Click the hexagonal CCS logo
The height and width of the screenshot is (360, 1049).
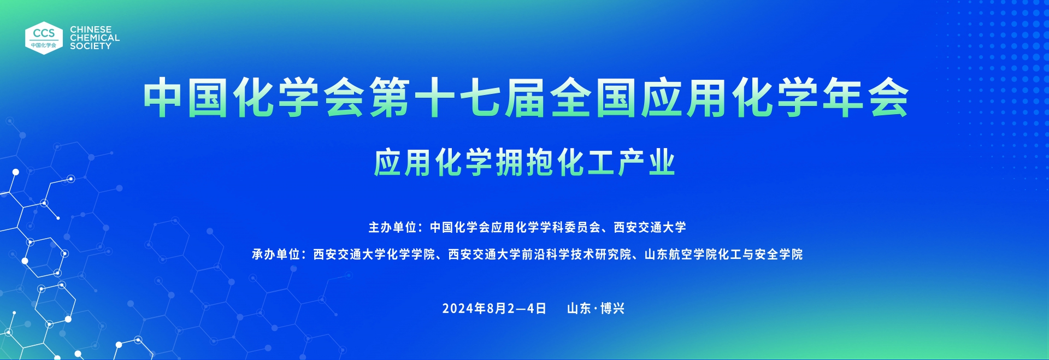coord(44,38)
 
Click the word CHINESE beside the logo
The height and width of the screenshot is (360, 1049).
coord(91,29)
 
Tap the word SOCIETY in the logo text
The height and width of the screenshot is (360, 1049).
coord(91,46)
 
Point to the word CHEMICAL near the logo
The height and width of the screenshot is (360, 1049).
coord(95,38)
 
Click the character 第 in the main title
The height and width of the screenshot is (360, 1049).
coord(390,97)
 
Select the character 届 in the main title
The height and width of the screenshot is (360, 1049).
coord(525,97)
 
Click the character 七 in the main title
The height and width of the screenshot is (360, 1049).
coord(480,97)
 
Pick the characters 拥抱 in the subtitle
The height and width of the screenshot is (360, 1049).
coord(524,163)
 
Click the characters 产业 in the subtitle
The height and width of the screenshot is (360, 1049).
coord(646,163)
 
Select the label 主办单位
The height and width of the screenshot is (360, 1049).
coord(392,227)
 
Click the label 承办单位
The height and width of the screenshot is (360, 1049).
coord(275,254)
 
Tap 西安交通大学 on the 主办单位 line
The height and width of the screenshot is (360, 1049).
coord(650,227)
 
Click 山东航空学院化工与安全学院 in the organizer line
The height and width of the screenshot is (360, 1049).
coord(723,254)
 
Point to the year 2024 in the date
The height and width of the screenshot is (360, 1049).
coord(458,309)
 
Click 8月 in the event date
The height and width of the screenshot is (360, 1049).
coord(497,309)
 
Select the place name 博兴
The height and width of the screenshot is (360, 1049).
coord(612,309)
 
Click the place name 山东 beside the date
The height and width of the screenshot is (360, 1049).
coord(579,309)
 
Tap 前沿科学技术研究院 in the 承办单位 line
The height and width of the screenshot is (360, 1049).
coord(576,254)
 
